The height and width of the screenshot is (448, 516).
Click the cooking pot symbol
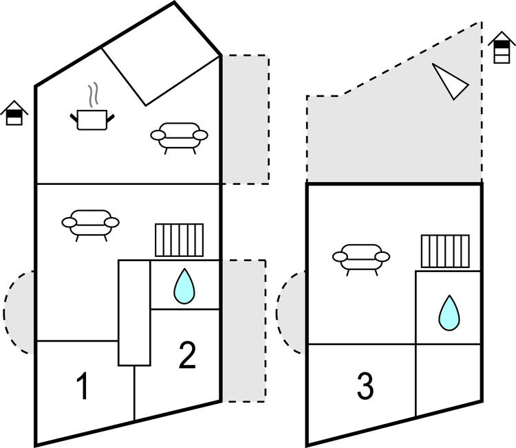click(92, 120)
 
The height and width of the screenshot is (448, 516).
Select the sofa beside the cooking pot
click(179, 136)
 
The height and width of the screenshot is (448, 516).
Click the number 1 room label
click(83, 387)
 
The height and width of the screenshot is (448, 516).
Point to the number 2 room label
click(187, 355)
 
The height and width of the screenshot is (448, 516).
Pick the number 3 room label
click(365, 387)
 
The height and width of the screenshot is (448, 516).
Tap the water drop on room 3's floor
click(449, 312)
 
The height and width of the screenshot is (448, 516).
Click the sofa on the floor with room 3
click(361, 258)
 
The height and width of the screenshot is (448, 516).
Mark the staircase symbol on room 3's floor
click(444, 251)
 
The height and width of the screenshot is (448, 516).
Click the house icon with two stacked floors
click(502, 47)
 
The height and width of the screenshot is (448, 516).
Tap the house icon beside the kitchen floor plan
click(12, 113)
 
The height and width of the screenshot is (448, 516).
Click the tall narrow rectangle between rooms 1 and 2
click(134, 313)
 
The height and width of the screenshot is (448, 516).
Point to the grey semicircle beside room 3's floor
click(292, 313)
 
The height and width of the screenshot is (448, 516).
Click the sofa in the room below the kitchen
click(90, 224)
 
